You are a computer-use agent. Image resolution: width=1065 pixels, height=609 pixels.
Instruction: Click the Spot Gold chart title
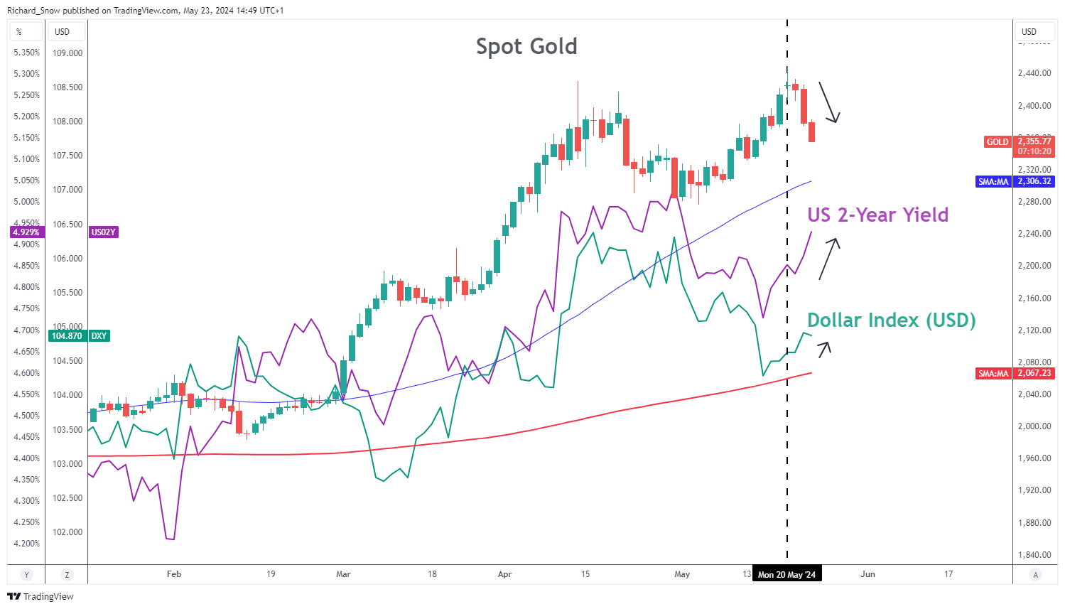point(526,47)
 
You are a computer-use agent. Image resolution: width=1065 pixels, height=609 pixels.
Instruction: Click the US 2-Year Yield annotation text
point(877,215)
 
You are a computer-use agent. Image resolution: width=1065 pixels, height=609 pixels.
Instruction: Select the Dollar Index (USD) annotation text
point(891,320)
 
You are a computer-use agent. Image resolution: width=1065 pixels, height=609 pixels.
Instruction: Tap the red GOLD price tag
point(998,142)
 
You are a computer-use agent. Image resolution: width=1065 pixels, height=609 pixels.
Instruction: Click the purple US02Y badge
point(104,232)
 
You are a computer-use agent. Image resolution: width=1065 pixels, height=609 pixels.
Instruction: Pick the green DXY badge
point(99,336)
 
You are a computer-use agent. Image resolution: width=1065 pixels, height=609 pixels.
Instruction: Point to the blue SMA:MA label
point(993,182)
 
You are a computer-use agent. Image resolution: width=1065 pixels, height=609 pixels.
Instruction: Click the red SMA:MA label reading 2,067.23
point(993,374)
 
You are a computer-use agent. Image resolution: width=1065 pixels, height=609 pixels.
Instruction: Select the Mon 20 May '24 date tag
point(786,574)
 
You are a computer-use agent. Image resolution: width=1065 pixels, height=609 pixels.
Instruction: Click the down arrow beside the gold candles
point(829,102)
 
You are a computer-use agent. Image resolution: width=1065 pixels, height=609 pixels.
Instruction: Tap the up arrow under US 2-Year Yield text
point(829,258)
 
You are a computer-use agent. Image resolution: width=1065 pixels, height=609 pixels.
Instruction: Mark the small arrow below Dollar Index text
point(823,348)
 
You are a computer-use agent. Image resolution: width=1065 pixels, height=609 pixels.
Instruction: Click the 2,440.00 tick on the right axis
point(1034,73)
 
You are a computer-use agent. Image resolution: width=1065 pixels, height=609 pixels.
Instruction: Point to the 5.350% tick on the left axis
point(27,53)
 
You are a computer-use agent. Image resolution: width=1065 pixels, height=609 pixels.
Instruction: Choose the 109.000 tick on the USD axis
point(67,53)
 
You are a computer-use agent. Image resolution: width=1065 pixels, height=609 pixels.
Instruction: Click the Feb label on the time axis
point(174,574)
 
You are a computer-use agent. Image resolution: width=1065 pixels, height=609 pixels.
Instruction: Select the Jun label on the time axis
point(867,574)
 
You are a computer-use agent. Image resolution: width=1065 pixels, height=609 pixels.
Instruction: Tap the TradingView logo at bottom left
point(40,596)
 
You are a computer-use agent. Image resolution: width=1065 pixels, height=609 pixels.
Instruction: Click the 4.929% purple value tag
point(26,232)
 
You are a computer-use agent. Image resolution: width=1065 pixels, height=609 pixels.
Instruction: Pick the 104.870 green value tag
point(67,336)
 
